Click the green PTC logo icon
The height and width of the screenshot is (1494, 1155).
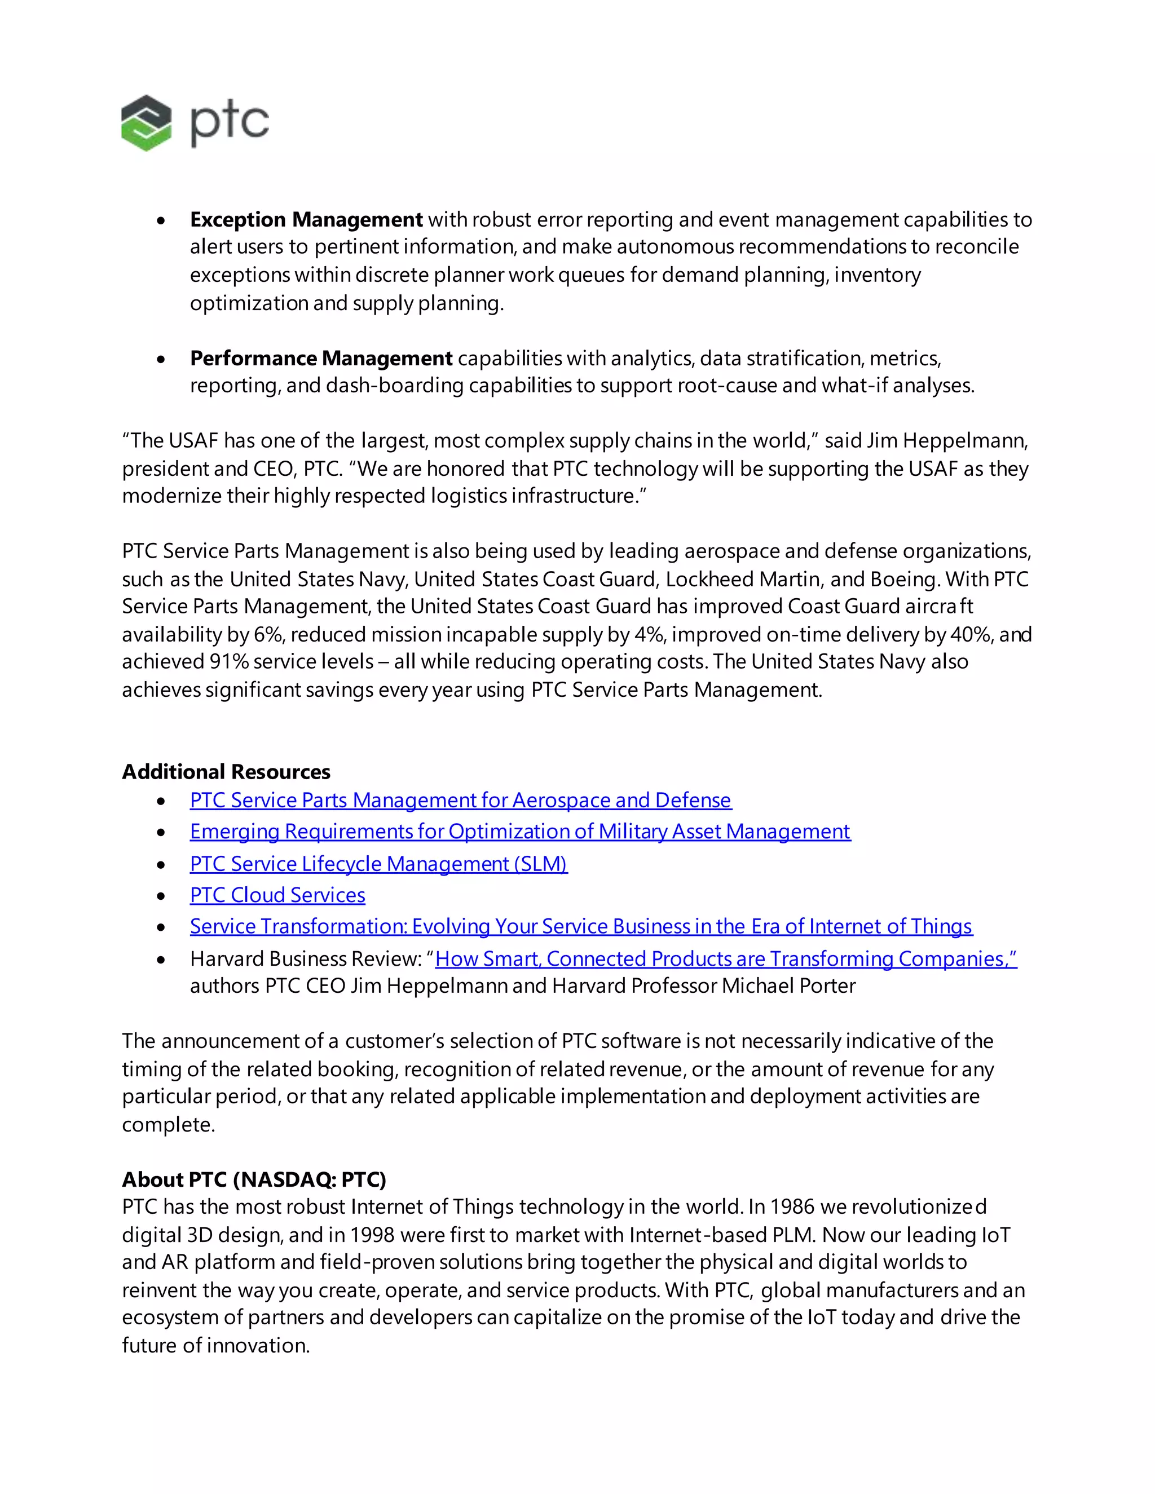click(x=146, y=123)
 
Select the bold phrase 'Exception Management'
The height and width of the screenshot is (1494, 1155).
click(x=306, y=219)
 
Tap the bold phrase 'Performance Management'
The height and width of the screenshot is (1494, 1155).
click(x=321, y=358)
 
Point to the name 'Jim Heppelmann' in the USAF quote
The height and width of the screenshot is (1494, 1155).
click(x=947, y=440)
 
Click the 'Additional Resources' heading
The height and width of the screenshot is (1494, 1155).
click(x=226, y=772)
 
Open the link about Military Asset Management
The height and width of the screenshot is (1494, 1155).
click(x=519, y=832)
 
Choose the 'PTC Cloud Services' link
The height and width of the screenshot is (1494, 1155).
click(x=277, y=895)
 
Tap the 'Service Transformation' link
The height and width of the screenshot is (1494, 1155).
click(x=580, y=927)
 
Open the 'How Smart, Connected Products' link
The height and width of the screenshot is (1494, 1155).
click(x=725, y=959)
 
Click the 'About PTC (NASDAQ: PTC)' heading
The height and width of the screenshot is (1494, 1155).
click(x=254, y=1179)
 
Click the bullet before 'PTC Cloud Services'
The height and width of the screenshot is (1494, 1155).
click(x=161, y=896)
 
